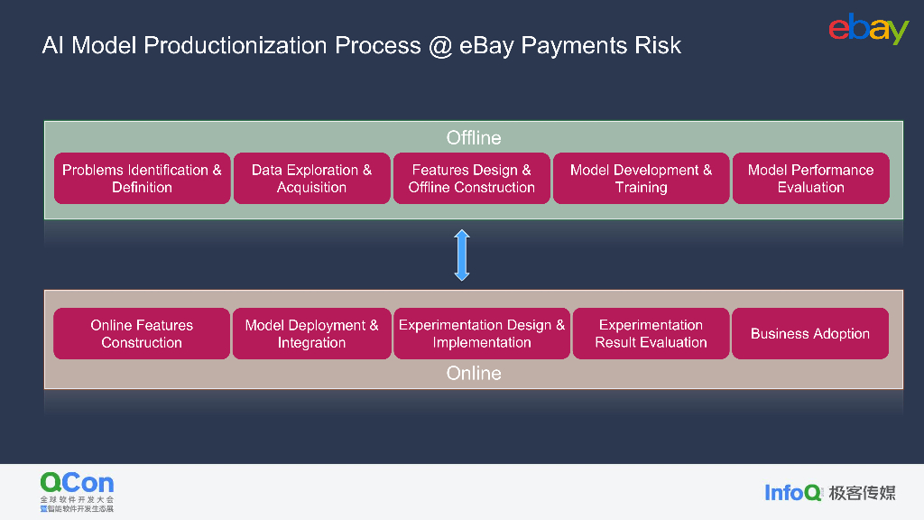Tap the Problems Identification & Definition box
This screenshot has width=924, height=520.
tap(142, 179)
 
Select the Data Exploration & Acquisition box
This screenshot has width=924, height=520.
tap(311, 179)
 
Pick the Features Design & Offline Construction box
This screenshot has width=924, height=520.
tap(471, 179)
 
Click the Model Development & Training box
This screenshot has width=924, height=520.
tap(641, 179)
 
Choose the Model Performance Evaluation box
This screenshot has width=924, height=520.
tap(810, 179)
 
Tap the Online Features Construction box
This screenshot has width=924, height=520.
tap(142, 334)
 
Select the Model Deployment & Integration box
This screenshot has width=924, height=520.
tap(311, 334)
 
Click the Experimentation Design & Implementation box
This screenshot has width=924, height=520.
tap(482, 334)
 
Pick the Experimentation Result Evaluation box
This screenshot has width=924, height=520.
tap(651, 334)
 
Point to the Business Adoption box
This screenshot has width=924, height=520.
tap(810, 334)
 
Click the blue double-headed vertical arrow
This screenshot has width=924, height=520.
tap(462, 255)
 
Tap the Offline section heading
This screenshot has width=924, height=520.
tap(474, 138)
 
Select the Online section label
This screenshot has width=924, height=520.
tap(474, 373)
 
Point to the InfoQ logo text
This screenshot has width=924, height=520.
tap(793, 492)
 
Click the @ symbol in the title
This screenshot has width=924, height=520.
tap(439, 45)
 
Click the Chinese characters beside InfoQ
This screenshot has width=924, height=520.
tap(863, 492)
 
